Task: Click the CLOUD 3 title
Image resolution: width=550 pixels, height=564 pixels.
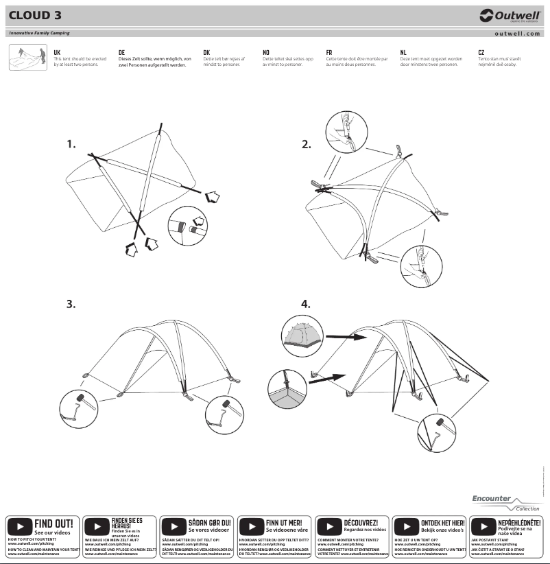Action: (x=35, y=16)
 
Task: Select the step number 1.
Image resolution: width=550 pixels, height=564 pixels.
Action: (x=71, y=144)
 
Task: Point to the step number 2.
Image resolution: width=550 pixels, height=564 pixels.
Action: (x=307, y=144)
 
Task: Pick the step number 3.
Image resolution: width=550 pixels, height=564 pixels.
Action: (x=71, y=304)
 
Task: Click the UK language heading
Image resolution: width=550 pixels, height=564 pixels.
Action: (x=57, y=52)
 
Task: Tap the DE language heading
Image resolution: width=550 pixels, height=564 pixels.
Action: (x=121, y=52)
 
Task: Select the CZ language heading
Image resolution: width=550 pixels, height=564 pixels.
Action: (x=481, y=52)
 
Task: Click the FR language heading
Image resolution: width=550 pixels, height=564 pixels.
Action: (x=329, y=52)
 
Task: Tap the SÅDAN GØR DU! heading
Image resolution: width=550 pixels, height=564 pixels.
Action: (x=209, y=524)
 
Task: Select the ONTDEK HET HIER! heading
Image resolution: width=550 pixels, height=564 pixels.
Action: (x=442, y=524)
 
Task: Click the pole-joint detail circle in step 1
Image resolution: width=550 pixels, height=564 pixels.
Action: (x=187, y=224)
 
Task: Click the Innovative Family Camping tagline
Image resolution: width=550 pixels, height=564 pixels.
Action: (x=39, y=33)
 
